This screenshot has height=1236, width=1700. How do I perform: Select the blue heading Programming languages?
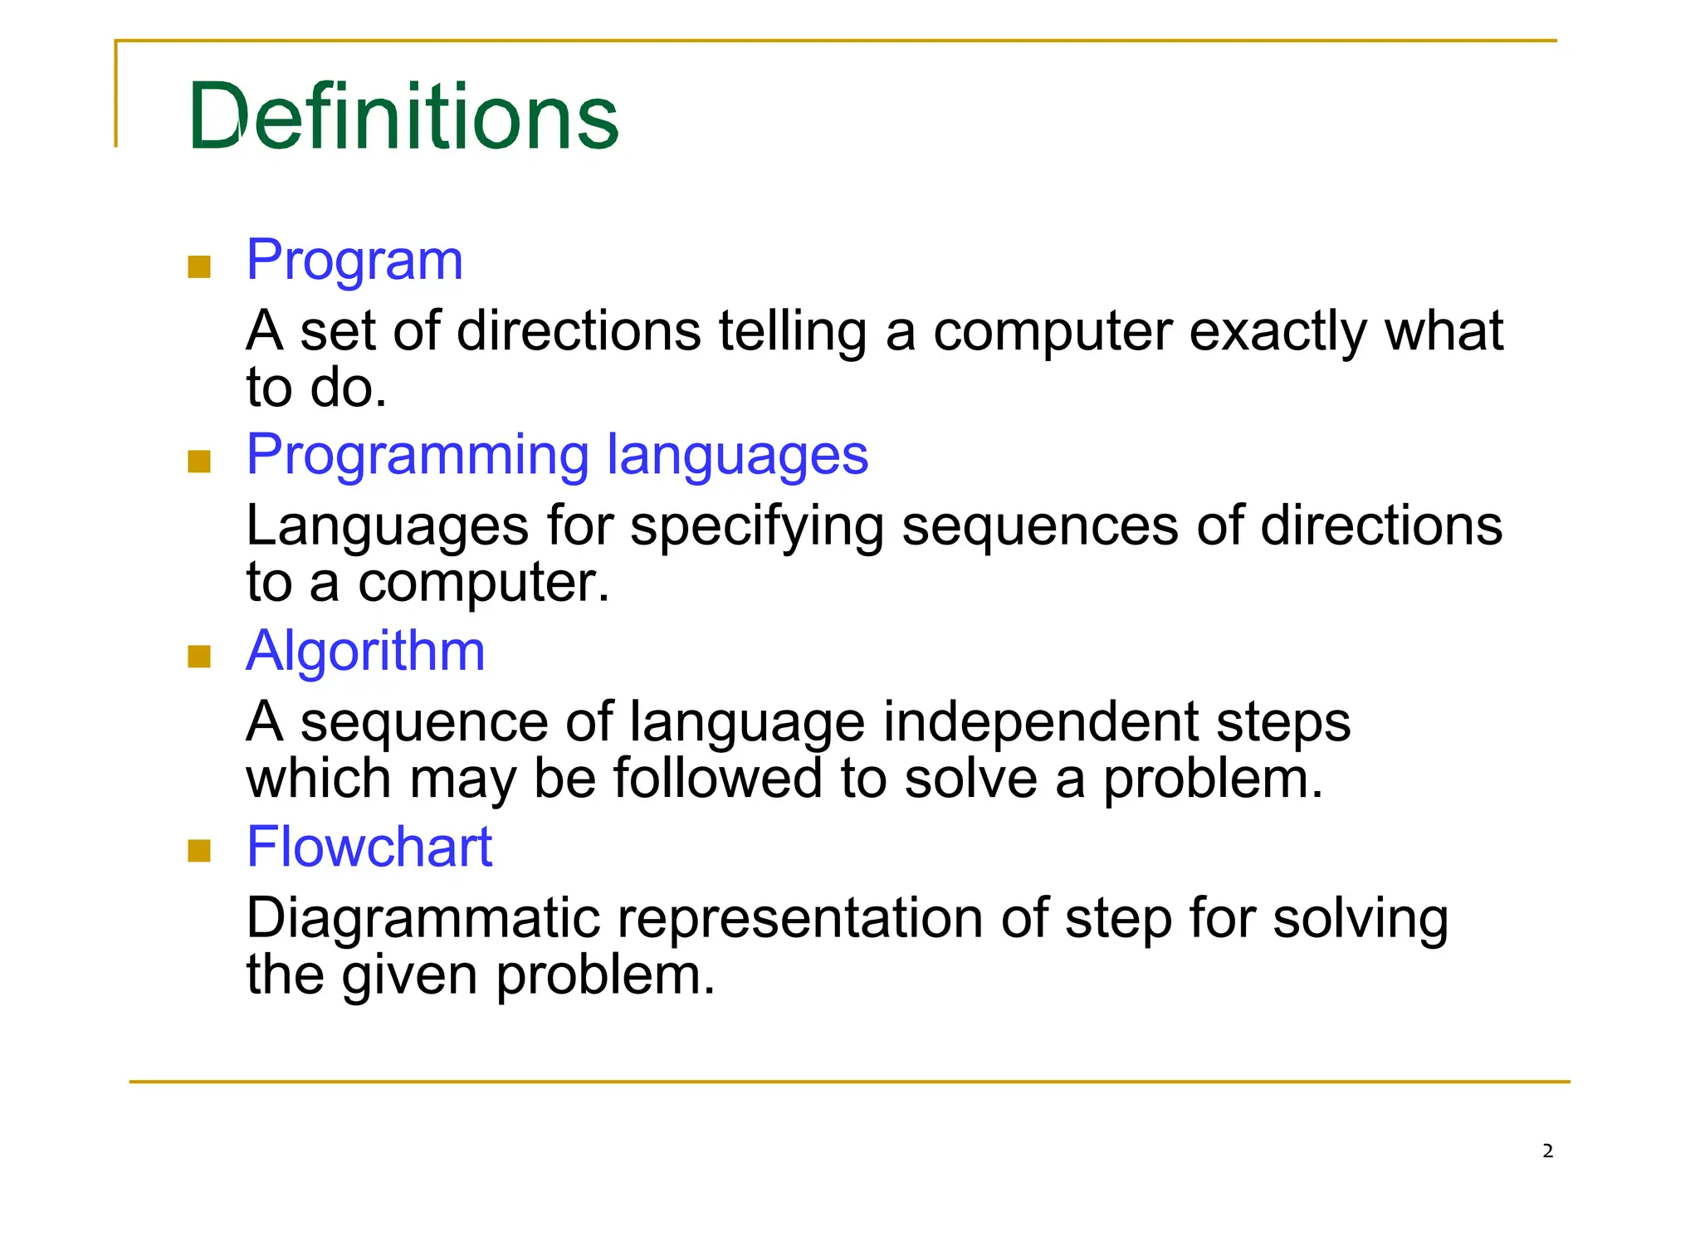point(557,455)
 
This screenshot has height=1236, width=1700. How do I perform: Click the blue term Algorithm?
point(365,651)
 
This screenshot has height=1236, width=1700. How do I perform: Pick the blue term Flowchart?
point(369,847)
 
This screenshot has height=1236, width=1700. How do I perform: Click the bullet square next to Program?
point(199,267)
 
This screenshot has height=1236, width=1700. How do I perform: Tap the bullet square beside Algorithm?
point(199,657)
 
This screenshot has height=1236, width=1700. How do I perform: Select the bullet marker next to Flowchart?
point(199,852)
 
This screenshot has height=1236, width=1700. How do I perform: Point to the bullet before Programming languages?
point(199,462)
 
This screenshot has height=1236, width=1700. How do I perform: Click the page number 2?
point(1547,1151)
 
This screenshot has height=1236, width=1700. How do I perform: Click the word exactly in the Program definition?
point(1277,332)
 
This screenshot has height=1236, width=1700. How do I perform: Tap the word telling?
point(792,332)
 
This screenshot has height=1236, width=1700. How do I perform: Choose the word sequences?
point(1039,527)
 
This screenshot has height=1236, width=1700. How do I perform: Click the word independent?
point(1039,722)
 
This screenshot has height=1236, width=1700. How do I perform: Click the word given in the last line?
point(409,975)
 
